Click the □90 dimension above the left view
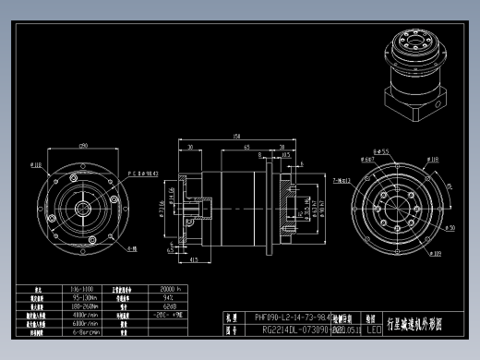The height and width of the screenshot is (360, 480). (83, 146)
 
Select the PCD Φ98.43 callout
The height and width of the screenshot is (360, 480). (143, 173)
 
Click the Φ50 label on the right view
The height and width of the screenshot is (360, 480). (450, 226)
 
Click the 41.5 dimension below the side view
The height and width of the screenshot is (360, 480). (194, 259)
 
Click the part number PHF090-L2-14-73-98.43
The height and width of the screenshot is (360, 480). (291, 316)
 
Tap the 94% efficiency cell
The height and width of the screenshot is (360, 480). (169, 298)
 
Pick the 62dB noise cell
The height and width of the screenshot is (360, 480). (169, 306)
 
